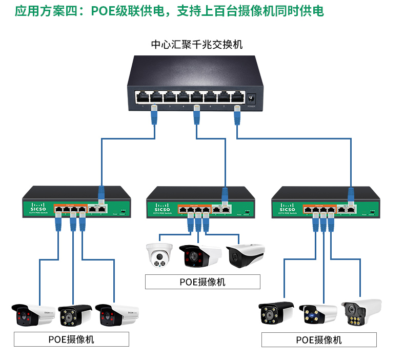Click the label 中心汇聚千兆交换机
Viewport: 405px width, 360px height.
(196, 45)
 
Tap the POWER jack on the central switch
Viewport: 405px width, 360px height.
(252, 97)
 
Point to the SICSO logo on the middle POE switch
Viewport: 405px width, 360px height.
(164, 210)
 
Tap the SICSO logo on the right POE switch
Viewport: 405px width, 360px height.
(288, 209)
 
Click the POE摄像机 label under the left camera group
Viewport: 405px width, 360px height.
(71, 339)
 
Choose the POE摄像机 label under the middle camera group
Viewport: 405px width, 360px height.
(202, 282)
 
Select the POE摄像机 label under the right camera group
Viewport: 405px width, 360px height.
(319, 340)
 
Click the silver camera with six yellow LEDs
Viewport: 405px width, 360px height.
(361, 311)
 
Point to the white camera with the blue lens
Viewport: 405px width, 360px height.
(317, 314)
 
